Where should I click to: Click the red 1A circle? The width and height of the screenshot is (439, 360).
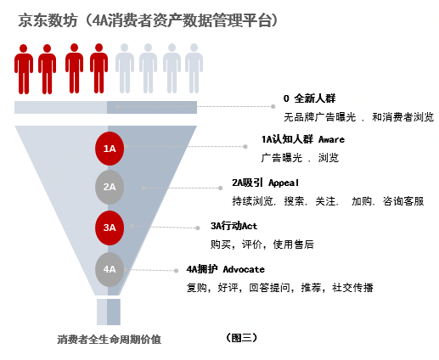point(110,149)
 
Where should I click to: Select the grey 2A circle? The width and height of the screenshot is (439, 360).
point(110,187)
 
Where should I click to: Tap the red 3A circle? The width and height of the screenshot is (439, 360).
point(110,228)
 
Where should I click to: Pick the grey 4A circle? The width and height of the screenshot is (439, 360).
point(110,269)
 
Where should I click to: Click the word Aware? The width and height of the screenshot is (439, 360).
point(331,139)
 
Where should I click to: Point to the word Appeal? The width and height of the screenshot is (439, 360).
point(284,183)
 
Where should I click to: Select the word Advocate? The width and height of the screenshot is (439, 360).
point(244,269)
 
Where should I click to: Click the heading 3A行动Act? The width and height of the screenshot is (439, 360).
point(234,226)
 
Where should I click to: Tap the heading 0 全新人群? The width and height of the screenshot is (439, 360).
point(309,98)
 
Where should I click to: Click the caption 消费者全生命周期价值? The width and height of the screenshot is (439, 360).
point(109,339)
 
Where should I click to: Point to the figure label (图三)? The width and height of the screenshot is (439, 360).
point(241,337)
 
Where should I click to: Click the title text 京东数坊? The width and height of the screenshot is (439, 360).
point(48,20)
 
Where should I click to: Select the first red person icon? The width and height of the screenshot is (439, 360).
point(24,69)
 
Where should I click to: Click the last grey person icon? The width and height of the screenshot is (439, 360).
point(194,68)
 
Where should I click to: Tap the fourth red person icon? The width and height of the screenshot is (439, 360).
point(98,68)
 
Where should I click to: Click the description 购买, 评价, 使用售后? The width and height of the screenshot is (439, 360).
point(262,245)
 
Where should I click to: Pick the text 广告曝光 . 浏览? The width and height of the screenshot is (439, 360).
point(300,158)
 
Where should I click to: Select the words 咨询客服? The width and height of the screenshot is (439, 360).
point(403,201)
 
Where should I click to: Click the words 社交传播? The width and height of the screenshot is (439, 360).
point(352,288)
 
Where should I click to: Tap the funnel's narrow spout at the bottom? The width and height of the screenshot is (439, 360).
point(109,312)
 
